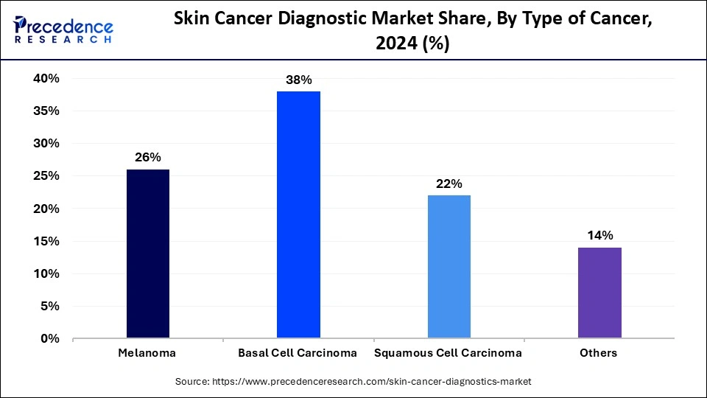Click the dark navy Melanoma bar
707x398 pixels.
point(148,254)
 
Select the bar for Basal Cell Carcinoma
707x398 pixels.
point(298,214)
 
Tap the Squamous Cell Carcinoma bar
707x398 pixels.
point(449,266)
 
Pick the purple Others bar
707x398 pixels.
point(599,293)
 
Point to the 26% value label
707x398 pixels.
point(148,157)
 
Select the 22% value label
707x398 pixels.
point(449,183)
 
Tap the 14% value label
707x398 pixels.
point(599,235)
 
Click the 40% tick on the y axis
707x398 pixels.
point(45,78)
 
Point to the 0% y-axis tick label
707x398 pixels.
point(49,338)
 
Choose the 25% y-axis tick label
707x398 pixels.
point(45,176)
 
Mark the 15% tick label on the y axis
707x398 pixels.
point(45,241)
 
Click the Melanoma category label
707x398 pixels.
point(147,353)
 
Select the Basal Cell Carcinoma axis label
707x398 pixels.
point(298,353)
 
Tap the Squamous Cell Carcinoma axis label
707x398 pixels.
point(448,353)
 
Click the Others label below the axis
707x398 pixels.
point(598,353)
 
